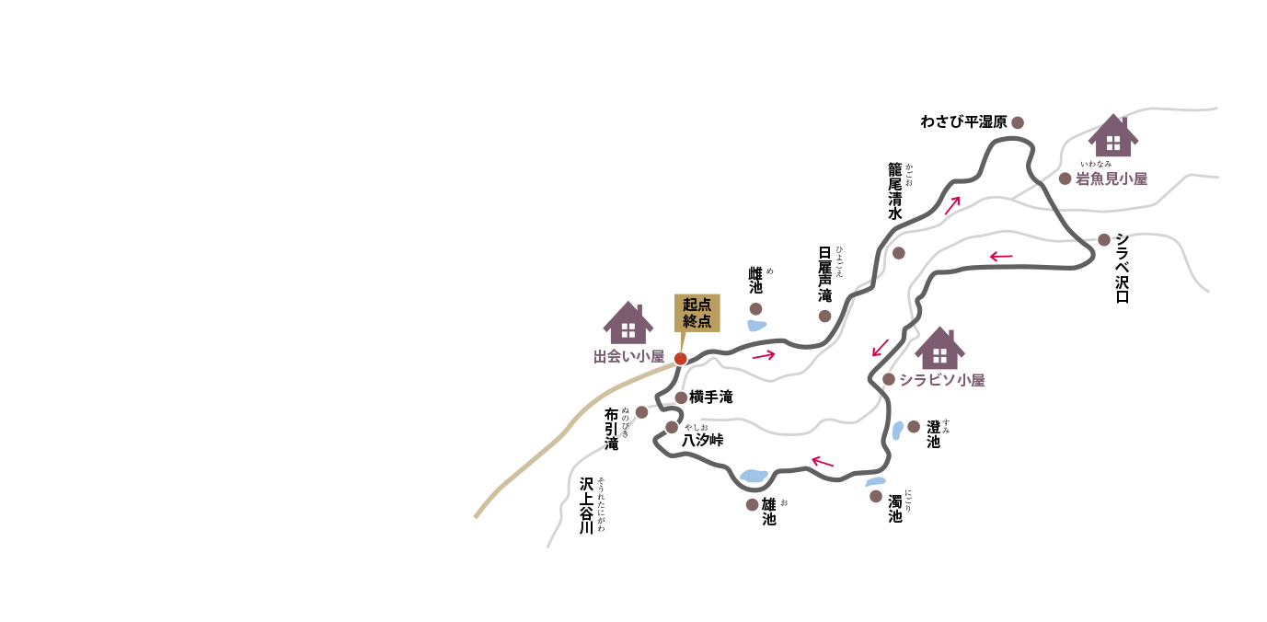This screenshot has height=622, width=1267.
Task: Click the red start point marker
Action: [x=681, y=359]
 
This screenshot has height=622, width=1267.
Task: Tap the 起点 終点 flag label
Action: [x=697, y=313]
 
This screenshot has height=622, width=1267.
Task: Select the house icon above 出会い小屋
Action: [x=628, y=323]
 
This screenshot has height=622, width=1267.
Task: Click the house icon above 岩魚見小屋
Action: [x=1113, y=136]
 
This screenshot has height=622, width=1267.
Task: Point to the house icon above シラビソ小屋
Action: [x=939, y=349]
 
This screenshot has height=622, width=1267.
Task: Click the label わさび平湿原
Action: [x=963, y=122]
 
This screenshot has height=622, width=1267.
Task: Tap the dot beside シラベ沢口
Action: [x=1104, y=240]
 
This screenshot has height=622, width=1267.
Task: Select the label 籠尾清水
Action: [x=895, y=191]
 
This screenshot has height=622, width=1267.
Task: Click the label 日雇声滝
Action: [x=824, y=274]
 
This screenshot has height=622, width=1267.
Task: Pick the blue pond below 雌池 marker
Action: [x=756, y=326]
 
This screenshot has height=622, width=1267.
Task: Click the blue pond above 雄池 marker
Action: [x=754, y=476]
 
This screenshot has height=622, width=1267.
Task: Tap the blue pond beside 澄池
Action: [x=897, y=431]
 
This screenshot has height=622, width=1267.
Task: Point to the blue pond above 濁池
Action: [x=875, y=481]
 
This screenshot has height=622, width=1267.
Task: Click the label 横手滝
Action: [x=711, y=397]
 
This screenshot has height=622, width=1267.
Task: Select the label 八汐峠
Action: [x=702, y=441]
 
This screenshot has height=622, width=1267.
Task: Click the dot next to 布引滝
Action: [x=641, y=412]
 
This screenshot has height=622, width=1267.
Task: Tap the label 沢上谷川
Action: [x=587, y=505]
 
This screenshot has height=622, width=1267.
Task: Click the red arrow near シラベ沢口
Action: [x=1001, y=256]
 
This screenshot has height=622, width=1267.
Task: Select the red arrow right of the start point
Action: [x=764, y=354]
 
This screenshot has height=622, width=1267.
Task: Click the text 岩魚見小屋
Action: [x=1112, y=179]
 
